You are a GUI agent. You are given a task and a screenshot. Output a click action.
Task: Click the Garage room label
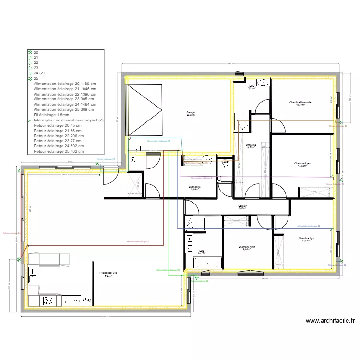point(191,113)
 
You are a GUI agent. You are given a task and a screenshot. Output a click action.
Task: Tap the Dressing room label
point(251,145)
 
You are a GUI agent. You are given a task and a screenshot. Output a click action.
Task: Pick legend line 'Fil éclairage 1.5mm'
point(51,115)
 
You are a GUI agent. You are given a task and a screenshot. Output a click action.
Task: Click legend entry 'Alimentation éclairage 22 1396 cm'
point(64,94)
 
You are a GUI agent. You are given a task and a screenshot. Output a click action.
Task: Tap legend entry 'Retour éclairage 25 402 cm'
point(59,151)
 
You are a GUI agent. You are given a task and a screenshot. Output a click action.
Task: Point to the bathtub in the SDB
point(208,262)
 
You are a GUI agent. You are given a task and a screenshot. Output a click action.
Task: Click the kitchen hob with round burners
point(48,301)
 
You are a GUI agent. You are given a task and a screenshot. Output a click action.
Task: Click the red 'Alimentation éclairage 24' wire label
point(138,241)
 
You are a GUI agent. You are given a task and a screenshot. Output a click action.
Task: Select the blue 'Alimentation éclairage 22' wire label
point(308,225)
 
